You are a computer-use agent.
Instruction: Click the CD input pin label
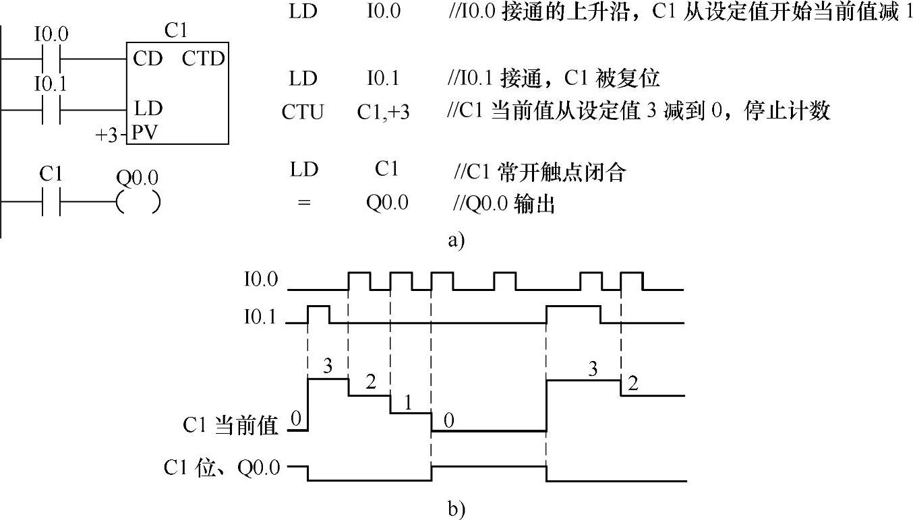(x=148, y=59)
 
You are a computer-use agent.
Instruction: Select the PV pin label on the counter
(x=145, y=133)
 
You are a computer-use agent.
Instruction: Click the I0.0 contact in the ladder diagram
(x=51, y=59)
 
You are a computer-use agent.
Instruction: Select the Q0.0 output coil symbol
(x=138, y=201)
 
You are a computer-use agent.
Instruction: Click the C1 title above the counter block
(x=176, y=30)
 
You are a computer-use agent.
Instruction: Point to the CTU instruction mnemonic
(x=303, y=112)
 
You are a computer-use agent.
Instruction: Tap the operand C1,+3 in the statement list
(x=383, y=112)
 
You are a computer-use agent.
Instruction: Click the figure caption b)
(x=456, y=510)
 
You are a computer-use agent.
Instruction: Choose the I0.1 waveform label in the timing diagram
(x=260, y=316)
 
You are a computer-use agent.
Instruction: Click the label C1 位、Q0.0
(x=222, y=467)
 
